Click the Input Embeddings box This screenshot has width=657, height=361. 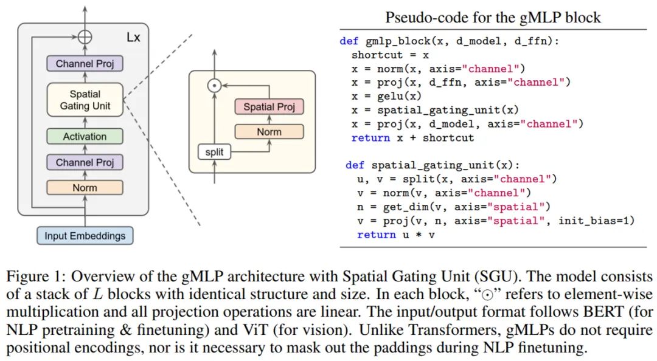click(85, 235)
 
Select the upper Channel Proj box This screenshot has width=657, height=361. click(85, 63)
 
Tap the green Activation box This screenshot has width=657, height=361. click(85, 137)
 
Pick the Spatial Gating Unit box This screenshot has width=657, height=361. click(85, 100)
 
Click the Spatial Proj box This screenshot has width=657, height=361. click(269, 107)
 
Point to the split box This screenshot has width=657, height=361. click(214, 151)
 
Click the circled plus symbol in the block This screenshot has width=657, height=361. click(85, 36)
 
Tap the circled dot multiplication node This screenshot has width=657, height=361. click(214, 86)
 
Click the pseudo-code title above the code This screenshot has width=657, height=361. click(493, 18)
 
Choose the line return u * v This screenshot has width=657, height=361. click(395, 235)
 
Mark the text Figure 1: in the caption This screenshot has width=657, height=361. click(35, 277)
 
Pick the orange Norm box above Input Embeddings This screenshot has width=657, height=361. click(85, 188)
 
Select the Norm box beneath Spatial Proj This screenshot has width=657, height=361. click(269, 132)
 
